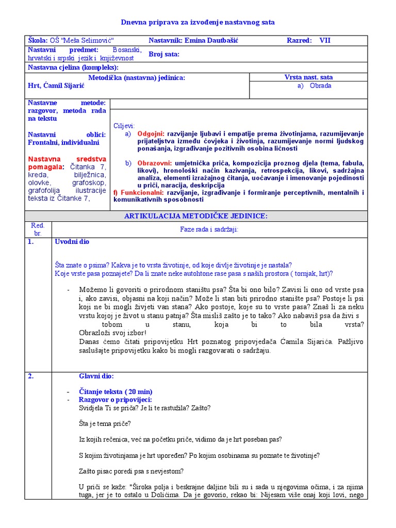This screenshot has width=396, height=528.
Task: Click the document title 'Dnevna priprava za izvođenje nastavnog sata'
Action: click(x=198, y=22)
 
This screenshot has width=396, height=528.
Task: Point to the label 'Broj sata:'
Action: click(x=164, y=54)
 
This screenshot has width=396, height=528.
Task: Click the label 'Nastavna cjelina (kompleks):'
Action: click(x=73, y=68)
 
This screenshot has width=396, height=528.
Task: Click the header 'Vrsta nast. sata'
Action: click(x=308, y=77)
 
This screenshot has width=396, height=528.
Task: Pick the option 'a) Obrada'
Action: click(x=314, y=86)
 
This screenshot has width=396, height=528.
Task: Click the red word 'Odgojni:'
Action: click(x=152, y=134)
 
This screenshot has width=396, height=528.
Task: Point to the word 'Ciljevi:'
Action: click(x=124, y=126)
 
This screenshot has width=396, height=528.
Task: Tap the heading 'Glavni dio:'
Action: click(x=96, y=376)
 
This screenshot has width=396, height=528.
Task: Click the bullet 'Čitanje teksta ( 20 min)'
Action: click(x=115, y=392)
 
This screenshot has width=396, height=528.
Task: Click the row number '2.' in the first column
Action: click(x=31, y=376)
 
